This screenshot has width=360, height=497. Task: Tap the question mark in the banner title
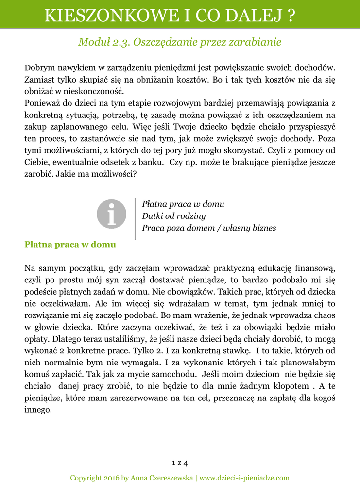click(291, 16)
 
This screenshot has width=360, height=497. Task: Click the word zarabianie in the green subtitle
click(258, 42)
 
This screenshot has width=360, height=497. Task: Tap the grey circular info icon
click(111, 214)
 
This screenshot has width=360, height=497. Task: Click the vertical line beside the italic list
click(136, 218)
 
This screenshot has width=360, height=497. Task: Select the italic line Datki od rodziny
click(173, 216)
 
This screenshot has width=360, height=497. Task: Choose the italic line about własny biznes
click(209, 228)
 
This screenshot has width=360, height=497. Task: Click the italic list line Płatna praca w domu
click(183, 204)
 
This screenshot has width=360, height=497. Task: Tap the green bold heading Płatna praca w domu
click(70, 245)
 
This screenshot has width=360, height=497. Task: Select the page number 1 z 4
click(180, 461)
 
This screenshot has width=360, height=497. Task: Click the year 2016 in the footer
click(111, 478)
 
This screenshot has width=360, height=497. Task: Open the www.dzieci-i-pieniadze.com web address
click(244, 478)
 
